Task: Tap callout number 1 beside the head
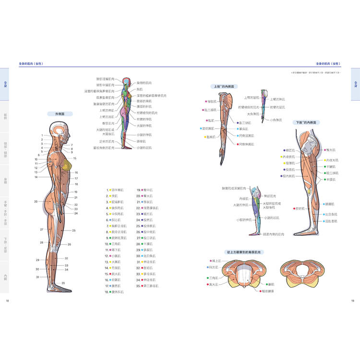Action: (42, 136)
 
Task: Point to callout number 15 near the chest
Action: (75, 158)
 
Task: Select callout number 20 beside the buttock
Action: (36, 202)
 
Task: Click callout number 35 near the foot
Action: (63, 283)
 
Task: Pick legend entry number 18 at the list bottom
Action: (115, 291)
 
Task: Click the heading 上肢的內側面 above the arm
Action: (222, 87)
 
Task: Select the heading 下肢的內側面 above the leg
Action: (307, 123)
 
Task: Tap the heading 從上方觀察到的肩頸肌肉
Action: (235, 252)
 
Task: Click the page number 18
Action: (7, 301)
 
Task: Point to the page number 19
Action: (353, 301)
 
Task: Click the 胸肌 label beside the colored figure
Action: (140, 89)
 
